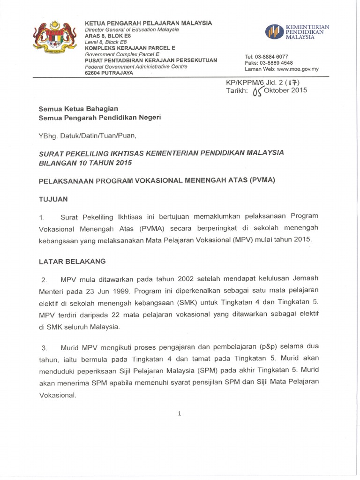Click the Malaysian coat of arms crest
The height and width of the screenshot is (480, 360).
coord(54,43)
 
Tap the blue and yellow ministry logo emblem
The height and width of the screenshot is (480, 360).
coord(274,32)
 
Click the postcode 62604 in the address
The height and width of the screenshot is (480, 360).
coord(92,73)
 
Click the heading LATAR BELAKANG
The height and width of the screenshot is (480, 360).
coord(72,261)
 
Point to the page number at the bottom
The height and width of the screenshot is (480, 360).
coord(180,413)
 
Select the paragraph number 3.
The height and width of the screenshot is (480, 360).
coord(44,348)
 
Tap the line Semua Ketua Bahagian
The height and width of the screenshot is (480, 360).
coord(78,108)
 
